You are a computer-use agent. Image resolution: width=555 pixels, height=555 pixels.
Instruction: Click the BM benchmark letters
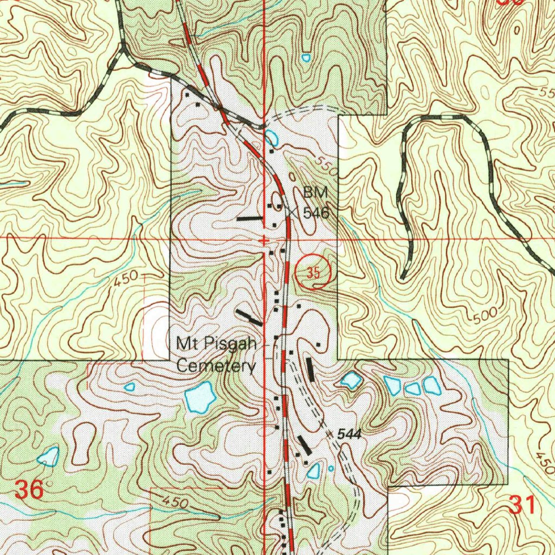(x=316, y=192)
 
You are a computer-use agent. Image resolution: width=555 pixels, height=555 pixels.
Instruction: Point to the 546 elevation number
(x=316, y=213)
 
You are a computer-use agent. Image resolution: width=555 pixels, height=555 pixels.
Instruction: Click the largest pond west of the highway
(x=199, y=397)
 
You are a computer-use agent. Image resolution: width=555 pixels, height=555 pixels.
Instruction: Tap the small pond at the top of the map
(x=306, y=56)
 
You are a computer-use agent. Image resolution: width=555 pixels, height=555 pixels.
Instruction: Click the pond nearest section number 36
(x=49, y=457)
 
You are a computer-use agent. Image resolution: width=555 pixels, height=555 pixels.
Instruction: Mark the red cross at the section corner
(x=263, y=240)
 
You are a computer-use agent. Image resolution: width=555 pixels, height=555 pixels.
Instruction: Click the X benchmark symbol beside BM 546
(x=293, y=212)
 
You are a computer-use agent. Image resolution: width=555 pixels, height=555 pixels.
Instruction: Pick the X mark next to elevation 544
(x=329, y=434)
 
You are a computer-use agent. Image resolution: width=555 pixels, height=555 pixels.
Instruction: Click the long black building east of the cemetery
(x=310, y=369)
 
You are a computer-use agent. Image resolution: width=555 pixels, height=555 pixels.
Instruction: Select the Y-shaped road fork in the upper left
(x=124, y=51)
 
